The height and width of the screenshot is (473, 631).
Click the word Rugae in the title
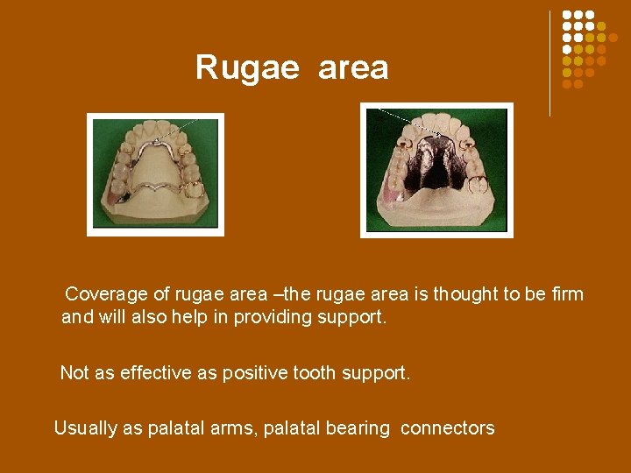247,67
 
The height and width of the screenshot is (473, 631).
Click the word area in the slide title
353,67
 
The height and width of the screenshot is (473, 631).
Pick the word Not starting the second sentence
74,373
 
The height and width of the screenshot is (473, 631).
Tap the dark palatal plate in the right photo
436,162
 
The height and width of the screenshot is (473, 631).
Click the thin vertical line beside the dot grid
550,61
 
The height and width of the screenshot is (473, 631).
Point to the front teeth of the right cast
436,124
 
